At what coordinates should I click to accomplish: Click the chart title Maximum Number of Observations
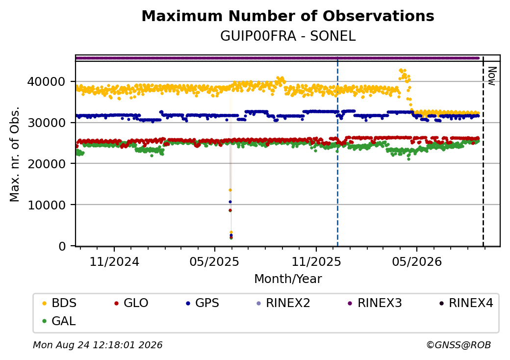pos(288,16)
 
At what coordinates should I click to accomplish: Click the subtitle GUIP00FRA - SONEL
pos(288,36)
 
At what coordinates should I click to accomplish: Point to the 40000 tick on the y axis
pos(46,81)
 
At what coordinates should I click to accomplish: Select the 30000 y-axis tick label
pos(46,123)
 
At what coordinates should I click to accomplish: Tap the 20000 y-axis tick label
pos(46,164)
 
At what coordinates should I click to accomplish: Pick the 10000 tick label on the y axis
pos(46,205)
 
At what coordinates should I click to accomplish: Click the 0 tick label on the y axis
pos(62,246)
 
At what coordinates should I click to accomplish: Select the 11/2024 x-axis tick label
pos(114,262)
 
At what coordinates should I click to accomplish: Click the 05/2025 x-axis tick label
pos(214,262)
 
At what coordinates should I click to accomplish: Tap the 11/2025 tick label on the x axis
pos(316,262)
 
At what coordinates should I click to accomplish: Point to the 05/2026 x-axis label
pos(417,262)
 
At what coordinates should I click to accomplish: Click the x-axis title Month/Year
pos(288,279)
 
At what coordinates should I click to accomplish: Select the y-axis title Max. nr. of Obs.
pos(15,154)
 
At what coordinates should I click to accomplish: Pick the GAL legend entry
pos(59,321)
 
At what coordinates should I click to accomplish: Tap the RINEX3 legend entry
pos(375,303)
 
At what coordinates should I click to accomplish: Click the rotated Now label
pos(492,76)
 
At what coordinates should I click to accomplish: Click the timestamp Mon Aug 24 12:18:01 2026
pos(98,345)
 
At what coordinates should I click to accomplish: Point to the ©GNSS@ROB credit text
pos(459,345)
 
